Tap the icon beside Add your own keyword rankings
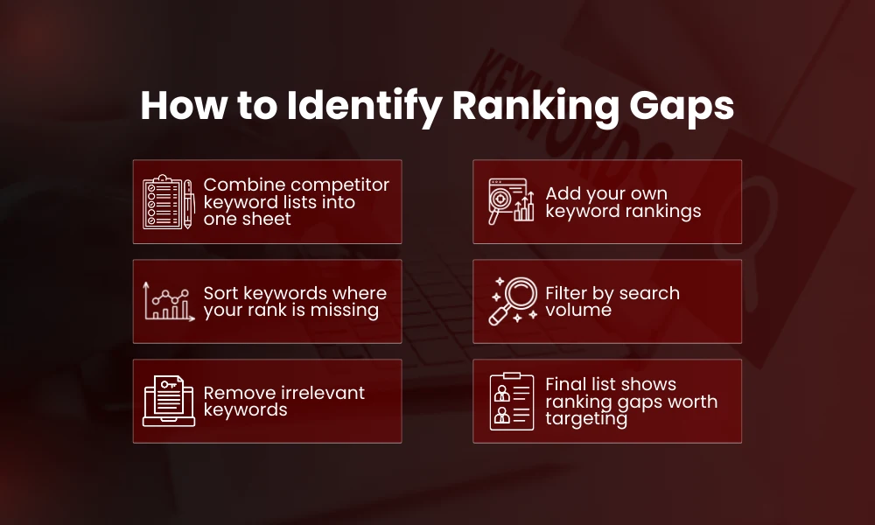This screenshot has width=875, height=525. click(x=510, y=202)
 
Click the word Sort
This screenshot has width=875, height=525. click(x=221, y=293)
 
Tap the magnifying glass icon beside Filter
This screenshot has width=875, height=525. click(x=513, y=301)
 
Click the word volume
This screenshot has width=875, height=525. click(x=578, y=310)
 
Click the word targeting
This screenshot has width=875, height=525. click(x=586, y=418)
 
